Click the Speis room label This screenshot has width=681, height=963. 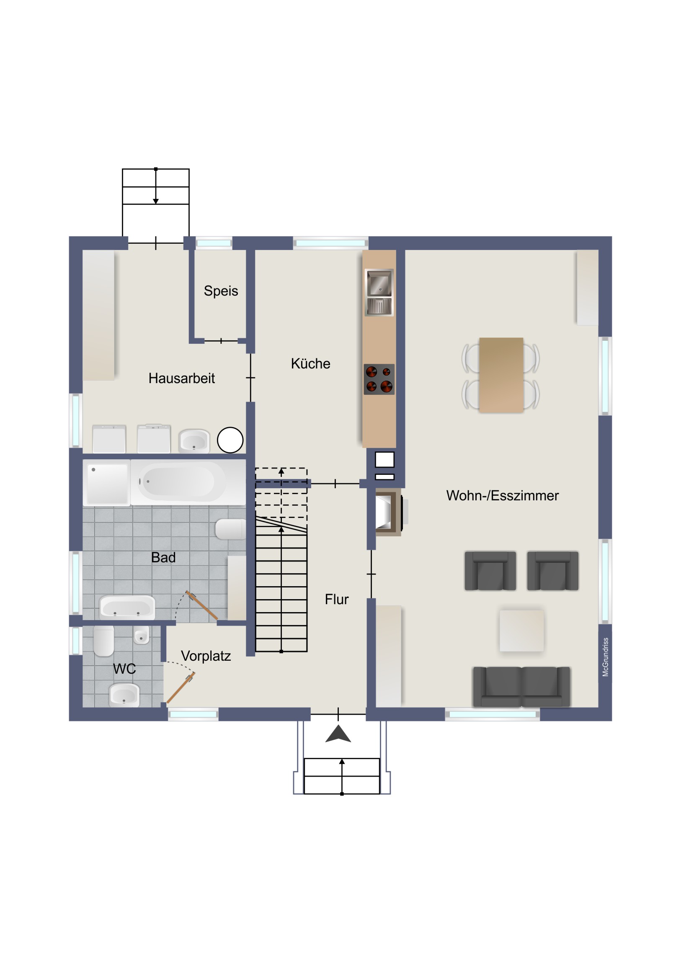pyautogui.click(x=221, y=291)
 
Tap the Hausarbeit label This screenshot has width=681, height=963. pyautogui.click(x=181, y=379)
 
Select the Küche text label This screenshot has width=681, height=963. pyautogui.click(x=310, y=364)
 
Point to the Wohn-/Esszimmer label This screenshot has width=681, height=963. pyautogui.click(x=502, y=496)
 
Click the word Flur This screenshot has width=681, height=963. pyautogui.click(x=336, y=599)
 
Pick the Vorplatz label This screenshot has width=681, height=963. pyautogui.click(x=206, y=656)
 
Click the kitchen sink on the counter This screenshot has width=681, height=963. pyautogui.click(x=379, y=292)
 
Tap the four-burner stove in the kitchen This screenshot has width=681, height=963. pyautogui.click(x=379, y=379)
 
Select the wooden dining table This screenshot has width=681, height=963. pyautogui.click(x=501, y=376)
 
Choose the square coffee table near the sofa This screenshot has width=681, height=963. pyautogui.click(x=521, y=631)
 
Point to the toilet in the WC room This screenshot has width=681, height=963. pyautogui.click(x=103, y=641)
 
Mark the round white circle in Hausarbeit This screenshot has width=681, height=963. pyautogui.click(x=230, y=440)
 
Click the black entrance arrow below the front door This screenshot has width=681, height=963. pyautogui.click(x=338, y=734)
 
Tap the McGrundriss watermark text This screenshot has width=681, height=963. pyautogui.click(x=605, y=657)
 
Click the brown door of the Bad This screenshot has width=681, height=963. pyautogui.click(x=202, y=605)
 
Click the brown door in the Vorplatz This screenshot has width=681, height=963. pyautogui.click(x=181, y=688)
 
